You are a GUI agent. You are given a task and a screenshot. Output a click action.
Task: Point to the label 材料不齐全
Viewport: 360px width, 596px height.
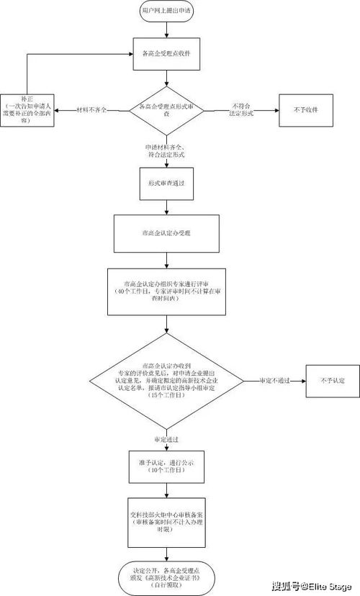tap(91, 109)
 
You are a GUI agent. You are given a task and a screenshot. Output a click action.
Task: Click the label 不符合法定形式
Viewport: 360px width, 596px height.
tap(240, 109)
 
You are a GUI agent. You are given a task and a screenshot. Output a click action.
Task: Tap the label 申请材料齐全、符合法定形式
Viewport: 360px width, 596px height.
tap(166, 150)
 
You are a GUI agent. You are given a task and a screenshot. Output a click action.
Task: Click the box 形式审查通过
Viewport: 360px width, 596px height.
tap(167, 183)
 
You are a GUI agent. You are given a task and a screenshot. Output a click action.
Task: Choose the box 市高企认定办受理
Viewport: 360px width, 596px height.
tap(167, 234)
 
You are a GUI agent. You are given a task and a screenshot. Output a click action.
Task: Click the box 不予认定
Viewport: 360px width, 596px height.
tap(330, 380)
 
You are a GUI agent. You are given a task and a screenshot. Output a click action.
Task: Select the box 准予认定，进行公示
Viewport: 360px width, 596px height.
tap(167, 466)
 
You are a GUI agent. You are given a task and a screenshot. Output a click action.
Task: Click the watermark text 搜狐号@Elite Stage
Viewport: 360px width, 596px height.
tap(314, 587)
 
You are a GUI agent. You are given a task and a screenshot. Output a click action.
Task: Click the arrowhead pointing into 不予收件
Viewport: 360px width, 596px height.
tap(276, 109)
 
